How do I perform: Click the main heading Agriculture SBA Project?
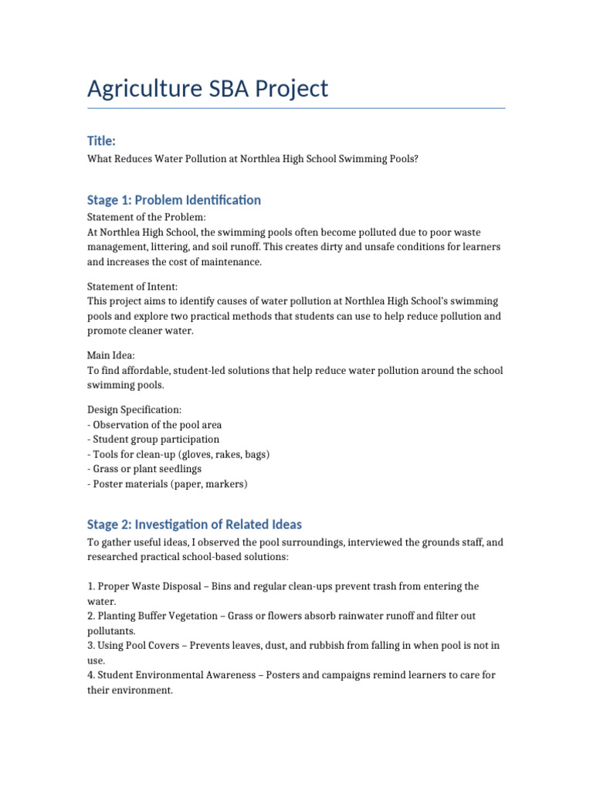click(208, 89)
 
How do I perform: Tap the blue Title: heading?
click(101, 141)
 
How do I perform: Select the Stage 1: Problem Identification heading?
click(174, 200)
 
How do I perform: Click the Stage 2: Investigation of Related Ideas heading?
click(194, 525)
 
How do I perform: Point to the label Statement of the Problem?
click(147, 218)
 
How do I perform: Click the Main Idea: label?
click(111, 356)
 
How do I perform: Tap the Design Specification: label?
click(134, 410)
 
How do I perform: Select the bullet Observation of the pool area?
click(158, 425)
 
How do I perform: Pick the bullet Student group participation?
click(156, 440)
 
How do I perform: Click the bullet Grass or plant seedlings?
click(147, 469)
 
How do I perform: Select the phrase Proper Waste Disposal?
click(151, 587)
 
